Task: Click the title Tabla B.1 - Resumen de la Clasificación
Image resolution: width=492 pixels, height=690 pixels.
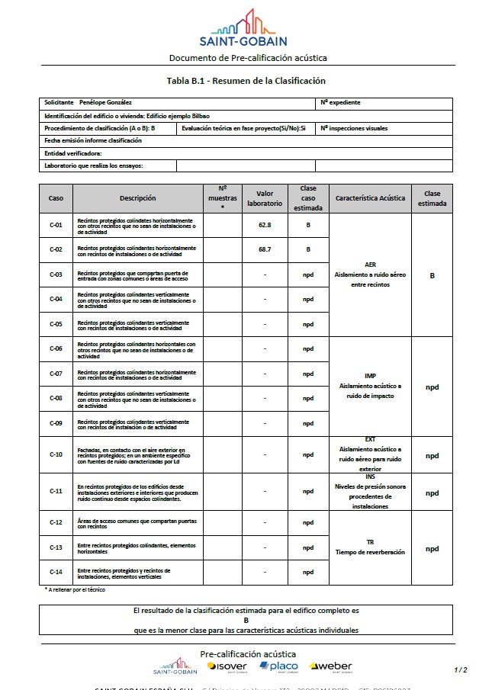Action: pyautogui.click(x=246, y=81)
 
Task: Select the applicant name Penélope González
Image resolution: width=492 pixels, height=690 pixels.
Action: pyautogui.click(x=105, y=102)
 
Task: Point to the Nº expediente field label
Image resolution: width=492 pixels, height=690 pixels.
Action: pyautogui.click(x=340, y=102)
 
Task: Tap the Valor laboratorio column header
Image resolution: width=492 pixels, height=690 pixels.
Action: pyautogui.click(x=265, y=198)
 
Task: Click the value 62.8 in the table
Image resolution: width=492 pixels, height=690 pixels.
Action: pyautogui.click(x=265, y=226)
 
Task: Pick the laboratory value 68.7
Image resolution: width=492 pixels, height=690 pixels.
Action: pyautogui.click(x=265, y=249)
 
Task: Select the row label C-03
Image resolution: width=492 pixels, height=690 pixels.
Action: pyautogui.click(x=56, y=274)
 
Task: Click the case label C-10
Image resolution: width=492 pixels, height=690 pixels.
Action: pyautogui.click(x=56, y=455)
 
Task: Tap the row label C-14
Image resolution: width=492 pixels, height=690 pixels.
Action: pyautogui.click(x=56, y=572)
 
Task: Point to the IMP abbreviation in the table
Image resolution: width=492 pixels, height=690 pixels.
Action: pyautogui.click(x=370, y=376)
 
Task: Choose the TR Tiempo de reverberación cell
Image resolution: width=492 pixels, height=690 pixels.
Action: pyautogui.click(x=370, y=547)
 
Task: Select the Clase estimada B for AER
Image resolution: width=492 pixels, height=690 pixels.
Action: pyautogui.click(x=432, y=275)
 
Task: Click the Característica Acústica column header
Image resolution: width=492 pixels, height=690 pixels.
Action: pyautogui.click(x=370, y=198)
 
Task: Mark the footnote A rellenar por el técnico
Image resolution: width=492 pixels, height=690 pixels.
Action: pyautogui.click(x=76, y=589)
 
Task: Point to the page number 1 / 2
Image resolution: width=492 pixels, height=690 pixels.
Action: pyautogui.click(x=460, y=669)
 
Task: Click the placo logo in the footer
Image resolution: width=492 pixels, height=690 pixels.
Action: pyautogui.click(x=278, y=667)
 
